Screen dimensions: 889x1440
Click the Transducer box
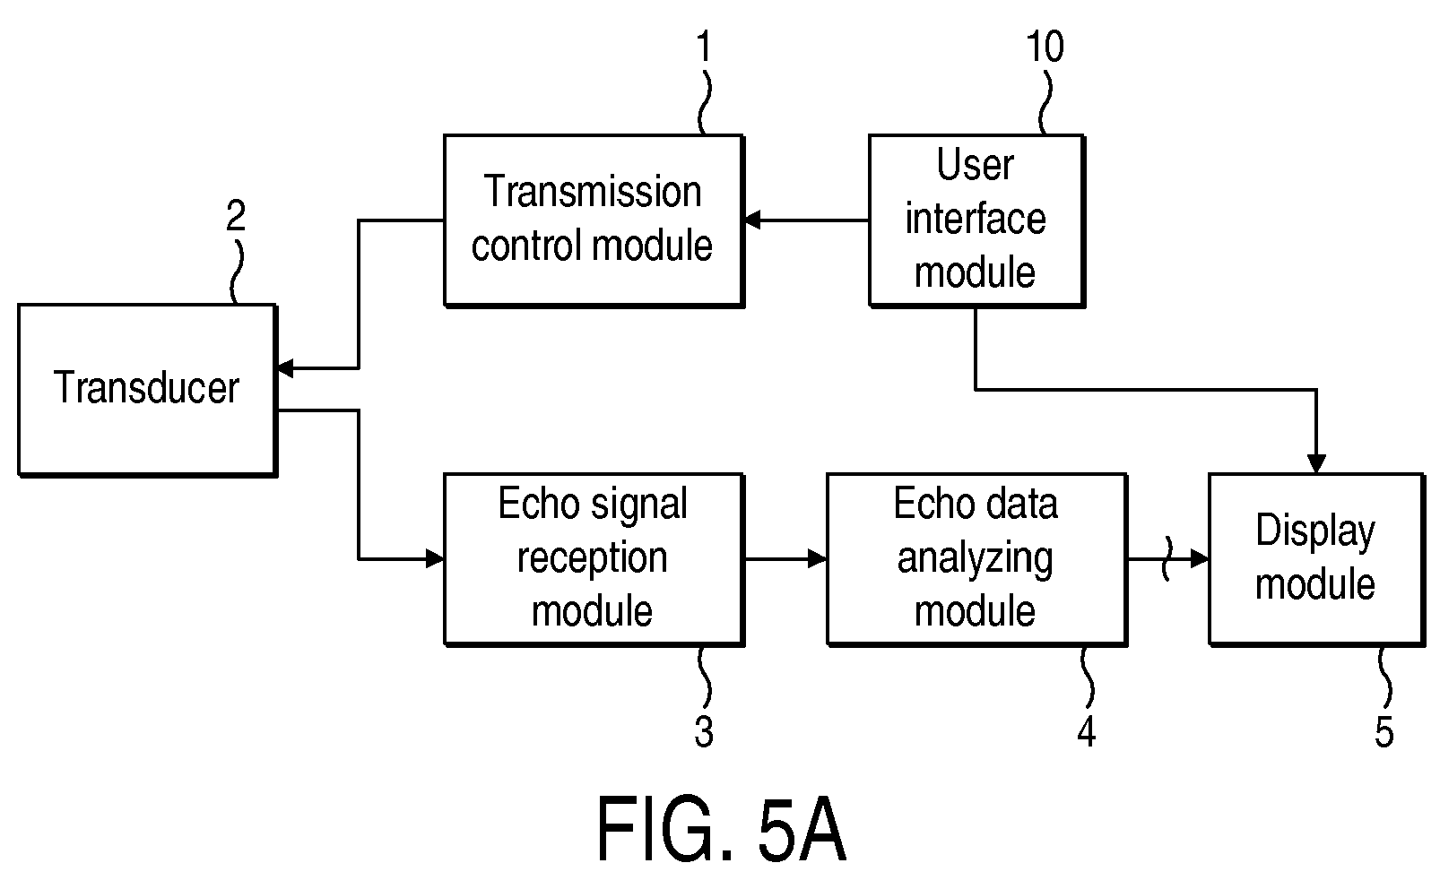[x=147, y=389]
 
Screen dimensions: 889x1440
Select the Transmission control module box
[x=593, y=220]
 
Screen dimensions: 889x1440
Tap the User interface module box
[x=976, y=220]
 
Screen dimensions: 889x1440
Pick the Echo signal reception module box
[x=593, y=558]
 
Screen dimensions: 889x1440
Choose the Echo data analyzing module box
[x=976, y=558]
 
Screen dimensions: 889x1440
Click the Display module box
[x=1315, y=558]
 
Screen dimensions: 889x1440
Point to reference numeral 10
[x=1045, y=47]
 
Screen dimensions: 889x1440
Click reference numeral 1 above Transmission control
[x=705, y=47]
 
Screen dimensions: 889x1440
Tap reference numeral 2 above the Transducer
[x=236, y=216]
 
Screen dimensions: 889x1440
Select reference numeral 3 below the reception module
[x=705, y=732]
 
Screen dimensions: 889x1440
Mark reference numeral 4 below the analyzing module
[x=1087, y=732]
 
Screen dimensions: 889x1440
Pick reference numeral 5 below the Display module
[x=1384, y=732]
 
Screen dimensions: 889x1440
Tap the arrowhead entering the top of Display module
[x=1316, y=464]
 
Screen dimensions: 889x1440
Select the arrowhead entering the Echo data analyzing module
[x=817, y=559]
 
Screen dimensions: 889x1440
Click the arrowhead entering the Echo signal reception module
[x=436, y=559]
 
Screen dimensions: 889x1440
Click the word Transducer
[x=147, y=388]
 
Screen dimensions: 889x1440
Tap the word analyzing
[x=976, y=558]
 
